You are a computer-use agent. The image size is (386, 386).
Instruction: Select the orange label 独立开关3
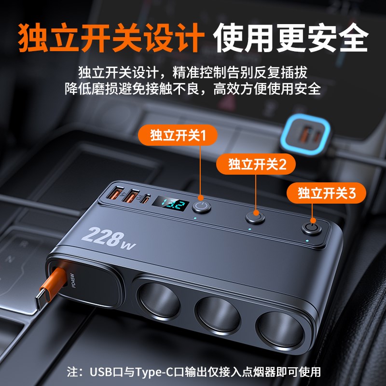tap(327, 193)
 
